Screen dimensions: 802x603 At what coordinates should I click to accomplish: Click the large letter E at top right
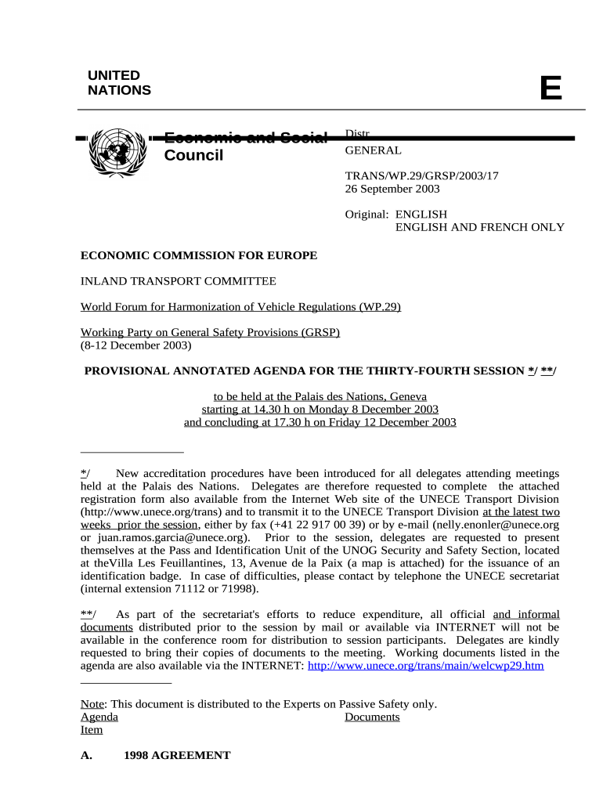click(x=551, y=89)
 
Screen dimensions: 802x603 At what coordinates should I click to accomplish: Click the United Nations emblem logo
click(x=118, y=149)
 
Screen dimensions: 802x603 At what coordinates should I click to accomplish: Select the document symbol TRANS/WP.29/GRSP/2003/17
click(x=421, y=175)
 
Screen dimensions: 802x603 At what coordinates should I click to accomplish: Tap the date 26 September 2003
click(x=392, y=189)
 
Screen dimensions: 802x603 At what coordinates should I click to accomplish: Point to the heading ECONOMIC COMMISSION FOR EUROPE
click(x=199, y=255)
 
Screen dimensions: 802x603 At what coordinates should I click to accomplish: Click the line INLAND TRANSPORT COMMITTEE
click(x=179, y=281)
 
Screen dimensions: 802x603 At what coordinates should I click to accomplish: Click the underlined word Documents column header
click(x=372, y=717)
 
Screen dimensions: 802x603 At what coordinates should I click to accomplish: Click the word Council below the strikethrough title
click(x=193, y=155)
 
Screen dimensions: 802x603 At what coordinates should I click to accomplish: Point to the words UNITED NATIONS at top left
click(x=119, y=83)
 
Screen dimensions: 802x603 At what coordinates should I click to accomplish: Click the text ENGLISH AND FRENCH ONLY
click(x=479, y=227)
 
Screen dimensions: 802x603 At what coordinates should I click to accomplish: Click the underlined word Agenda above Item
click(x=99, y=717)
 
